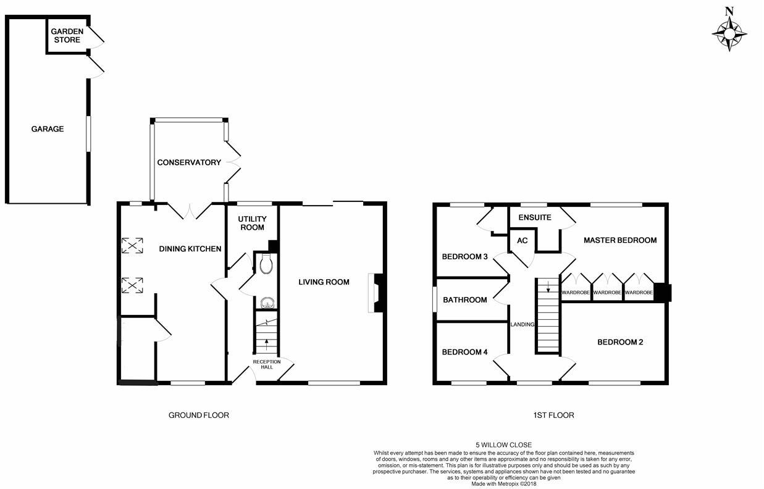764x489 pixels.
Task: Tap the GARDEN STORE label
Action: point(65,36)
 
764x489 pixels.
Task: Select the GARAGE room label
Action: point(48,129)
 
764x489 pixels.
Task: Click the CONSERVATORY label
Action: point(189,162)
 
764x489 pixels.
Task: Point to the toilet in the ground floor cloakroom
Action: point(266,264)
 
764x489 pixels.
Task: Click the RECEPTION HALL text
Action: point(267,364)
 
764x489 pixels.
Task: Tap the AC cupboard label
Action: point(522,241)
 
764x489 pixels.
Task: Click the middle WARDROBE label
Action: point(607,293)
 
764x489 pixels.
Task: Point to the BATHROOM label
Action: point(465,300)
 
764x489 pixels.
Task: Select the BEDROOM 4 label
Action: point(465,352)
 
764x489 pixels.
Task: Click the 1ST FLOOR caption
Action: point(553,416)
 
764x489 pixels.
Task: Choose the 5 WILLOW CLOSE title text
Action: point(503,445)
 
